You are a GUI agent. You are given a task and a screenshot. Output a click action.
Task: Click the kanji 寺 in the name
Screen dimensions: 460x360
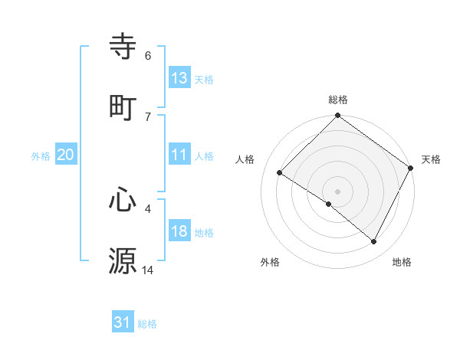123,47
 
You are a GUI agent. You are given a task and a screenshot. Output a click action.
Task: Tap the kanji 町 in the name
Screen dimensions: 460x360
123,106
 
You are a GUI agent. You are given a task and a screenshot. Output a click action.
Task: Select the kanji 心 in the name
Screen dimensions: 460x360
123,201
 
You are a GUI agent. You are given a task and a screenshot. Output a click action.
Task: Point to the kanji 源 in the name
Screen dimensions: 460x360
123,260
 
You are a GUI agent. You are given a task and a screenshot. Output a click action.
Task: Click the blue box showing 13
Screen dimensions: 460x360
179,78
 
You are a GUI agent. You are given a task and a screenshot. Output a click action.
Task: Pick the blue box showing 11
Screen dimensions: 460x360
179,155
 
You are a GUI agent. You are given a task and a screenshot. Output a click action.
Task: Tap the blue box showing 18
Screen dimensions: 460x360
179,231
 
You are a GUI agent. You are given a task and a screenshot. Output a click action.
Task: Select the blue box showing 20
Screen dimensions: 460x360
66,155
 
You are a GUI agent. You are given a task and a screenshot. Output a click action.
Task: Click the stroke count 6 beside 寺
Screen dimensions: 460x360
148,56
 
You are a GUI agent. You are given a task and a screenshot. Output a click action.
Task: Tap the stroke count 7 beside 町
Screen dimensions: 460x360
148,116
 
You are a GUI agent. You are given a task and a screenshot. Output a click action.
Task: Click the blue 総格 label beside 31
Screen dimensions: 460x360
147,325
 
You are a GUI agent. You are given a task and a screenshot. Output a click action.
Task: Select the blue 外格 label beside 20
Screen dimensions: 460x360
41,156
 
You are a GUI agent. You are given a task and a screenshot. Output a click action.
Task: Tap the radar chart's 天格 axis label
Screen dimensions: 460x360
431,159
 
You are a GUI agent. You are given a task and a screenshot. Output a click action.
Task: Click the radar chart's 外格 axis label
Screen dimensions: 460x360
270,262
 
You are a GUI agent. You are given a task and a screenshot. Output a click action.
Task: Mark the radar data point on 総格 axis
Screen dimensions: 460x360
337,116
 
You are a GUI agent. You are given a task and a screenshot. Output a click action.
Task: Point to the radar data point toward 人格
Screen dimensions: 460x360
280,173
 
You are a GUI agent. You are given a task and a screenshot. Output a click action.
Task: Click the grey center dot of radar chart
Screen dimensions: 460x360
337,191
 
